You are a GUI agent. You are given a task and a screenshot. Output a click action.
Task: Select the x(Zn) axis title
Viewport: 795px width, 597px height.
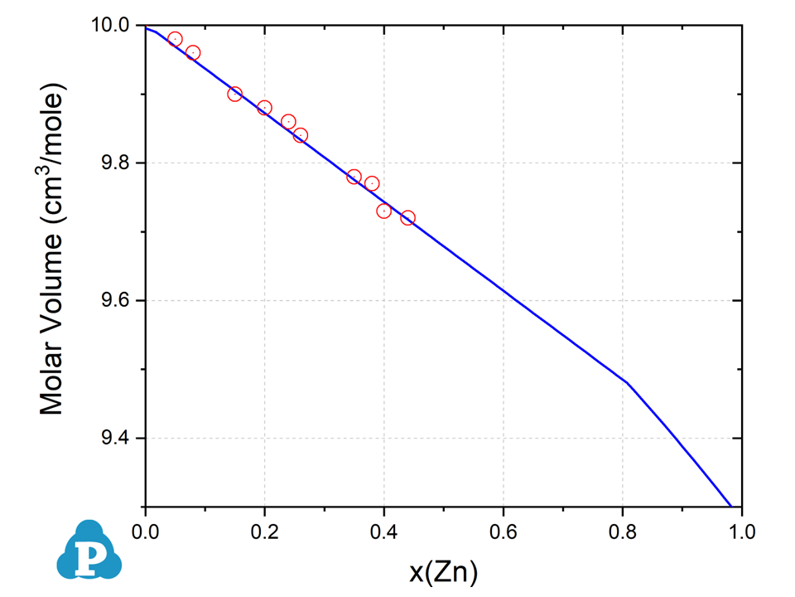[443, 571]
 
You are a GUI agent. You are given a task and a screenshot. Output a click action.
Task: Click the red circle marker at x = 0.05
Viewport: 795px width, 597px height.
[175, 39]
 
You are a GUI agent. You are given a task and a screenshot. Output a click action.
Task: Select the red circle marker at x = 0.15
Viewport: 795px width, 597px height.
[234, 94]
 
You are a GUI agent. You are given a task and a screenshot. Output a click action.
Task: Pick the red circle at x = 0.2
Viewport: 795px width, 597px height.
[264, 108]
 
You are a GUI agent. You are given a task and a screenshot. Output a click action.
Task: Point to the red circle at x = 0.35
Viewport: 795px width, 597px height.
[354, 177]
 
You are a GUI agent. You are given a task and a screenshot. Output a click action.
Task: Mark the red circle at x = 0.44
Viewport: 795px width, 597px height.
[407, 218]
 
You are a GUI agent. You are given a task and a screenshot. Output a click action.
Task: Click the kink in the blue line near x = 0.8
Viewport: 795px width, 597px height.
[627, 383]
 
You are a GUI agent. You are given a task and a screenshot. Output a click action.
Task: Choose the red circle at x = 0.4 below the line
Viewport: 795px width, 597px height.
[383, 211]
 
